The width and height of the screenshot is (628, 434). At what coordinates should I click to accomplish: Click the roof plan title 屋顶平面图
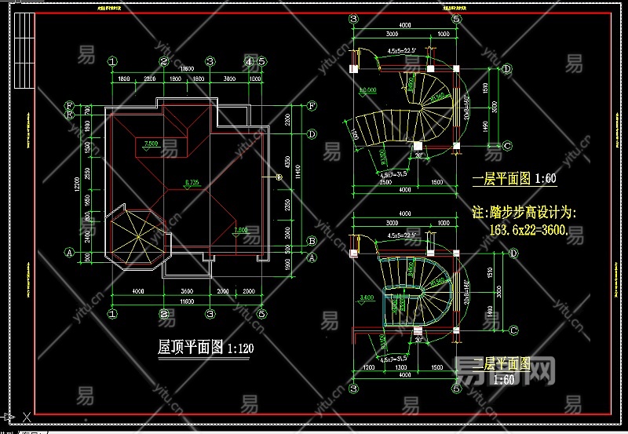[191, 346]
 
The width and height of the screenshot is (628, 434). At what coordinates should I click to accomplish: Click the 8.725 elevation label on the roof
[191, 182]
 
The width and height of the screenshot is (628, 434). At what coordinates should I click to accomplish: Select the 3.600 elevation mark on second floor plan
[366, 299]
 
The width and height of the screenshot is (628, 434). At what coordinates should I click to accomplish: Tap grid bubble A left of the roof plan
[70, 253]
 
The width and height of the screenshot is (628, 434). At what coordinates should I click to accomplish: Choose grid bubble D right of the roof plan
[312, 134]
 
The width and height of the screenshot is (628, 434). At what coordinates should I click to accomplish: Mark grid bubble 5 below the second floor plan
[456, 388]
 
